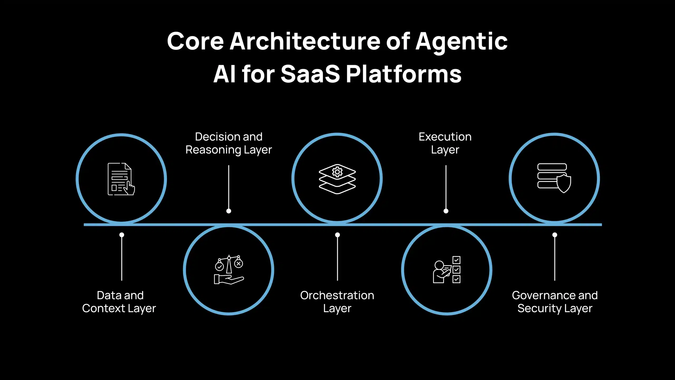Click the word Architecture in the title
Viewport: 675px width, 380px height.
(305, 41)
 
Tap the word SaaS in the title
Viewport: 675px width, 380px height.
(310, 74)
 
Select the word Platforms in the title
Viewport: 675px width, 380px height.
(403, 74)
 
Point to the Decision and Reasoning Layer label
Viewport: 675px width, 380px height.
(229, 143)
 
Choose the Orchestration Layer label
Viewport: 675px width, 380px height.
(337, 302)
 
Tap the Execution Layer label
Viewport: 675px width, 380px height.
(445, 143)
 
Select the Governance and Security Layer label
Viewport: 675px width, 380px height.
(555, 302)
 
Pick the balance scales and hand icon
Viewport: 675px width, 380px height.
(229, 269)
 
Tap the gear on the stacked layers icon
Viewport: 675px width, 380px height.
(337, 172)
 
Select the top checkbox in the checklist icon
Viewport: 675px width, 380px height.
(456, 260)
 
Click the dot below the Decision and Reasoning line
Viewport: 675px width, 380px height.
(229, 211)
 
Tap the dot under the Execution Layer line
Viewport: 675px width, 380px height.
(446, 211)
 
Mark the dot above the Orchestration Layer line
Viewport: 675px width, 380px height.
(337, 235)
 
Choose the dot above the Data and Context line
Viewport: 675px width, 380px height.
(122, 235)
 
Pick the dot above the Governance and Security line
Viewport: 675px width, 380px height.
(555, 235)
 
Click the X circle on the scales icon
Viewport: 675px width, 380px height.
(239, 263)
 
